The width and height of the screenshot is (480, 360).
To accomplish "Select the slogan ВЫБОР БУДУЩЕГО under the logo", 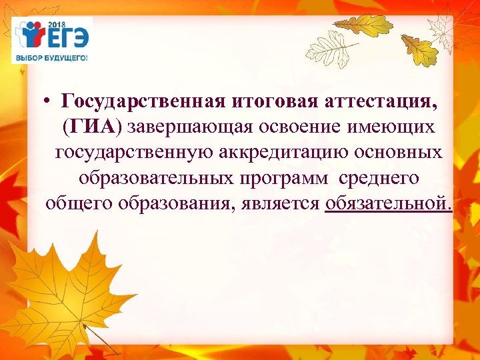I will [x=51, y=58].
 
